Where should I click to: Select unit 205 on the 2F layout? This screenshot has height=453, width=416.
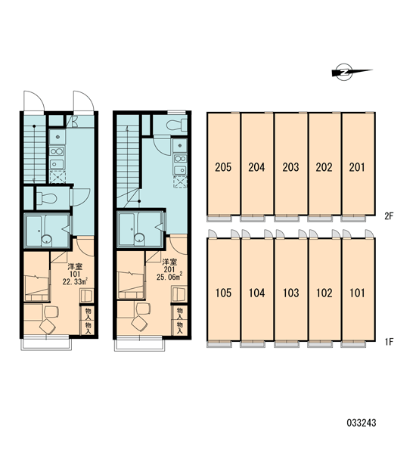(223, 164)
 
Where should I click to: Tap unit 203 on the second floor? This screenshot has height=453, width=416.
(291, 164)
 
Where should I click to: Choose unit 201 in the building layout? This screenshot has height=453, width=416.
(359, 164)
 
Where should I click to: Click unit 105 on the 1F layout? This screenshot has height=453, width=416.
(223, 290)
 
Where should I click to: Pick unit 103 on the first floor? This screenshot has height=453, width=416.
(291, 290)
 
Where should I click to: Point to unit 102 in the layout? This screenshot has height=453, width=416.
(324, 290)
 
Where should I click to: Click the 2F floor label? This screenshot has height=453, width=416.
(389, 216)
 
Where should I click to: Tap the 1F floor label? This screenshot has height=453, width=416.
(389, 342)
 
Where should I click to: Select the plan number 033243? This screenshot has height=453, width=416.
(362, 423)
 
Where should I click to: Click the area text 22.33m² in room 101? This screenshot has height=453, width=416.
(75, 281)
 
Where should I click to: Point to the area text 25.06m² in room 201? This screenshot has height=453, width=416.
(169, 277)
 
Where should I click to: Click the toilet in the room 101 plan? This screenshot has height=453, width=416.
(46, 198)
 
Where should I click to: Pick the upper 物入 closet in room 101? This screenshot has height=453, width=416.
(88, 313)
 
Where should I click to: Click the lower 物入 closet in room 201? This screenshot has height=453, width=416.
(180, 328)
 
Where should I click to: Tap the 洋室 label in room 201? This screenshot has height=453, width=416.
(169, 262)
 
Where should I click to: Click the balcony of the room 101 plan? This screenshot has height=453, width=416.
(46, 343)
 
